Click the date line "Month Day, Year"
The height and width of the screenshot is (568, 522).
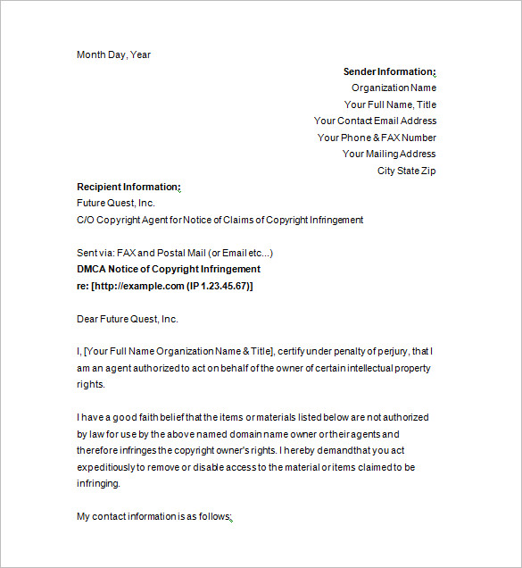coord(113,54)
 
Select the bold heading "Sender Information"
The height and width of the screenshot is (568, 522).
coord(389,71)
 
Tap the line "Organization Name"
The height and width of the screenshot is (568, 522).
coord(394,88)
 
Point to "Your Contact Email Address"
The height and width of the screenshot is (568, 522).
coord(375,121)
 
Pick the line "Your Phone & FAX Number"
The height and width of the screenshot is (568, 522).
coord(377,138)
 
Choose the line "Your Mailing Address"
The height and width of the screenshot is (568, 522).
coord(389,154)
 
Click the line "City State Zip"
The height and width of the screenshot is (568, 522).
coord(406,171)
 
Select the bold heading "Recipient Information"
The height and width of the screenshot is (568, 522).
coord(128,187)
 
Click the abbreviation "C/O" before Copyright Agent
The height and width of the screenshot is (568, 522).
coord(86,220)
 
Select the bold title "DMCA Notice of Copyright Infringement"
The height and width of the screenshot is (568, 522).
coord(169,269)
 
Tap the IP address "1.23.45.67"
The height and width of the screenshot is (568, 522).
coord(222,286)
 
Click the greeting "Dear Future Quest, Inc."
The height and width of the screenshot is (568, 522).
coord(128,319)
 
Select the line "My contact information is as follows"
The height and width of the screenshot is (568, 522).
coord(153,516)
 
